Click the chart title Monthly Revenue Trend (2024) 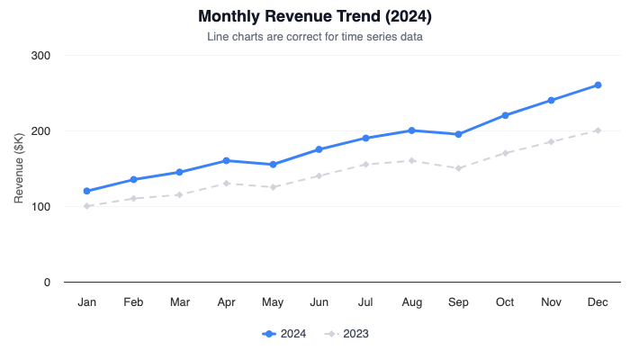coord(315,17)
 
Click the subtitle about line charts coord(315,37)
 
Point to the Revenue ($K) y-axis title coord(19,169)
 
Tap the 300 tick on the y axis coord(40,56)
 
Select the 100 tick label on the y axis coord(40,207)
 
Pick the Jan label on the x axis coord(87,302)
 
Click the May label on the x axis coord(273,302)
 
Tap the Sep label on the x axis coord(458,302)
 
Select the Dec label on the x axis coord(598,302)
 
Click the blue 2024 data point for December coord(598,85)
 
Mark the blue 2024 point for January coord(87,191)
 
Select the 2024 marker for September coord(458,134)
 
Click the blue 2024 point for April coord(226,161)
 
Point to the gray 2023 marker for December coord(598,130)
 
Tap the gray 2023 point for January coord(87,206)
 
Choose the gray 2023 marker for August coord(412,161)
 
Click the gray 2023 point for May coord(273,187)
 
